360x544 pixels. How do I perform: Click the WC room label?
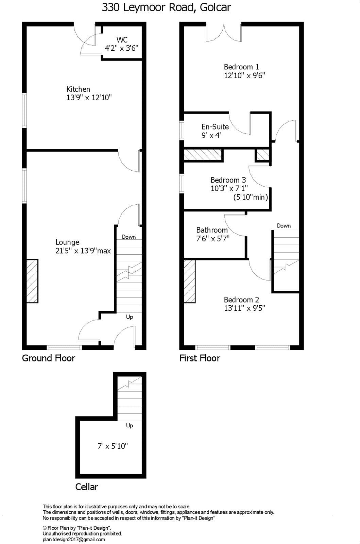coord(122,40)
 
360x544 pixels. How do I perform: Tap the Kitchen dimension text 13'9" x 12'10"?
coord(89,98)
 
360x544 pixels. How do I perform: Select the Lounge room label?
coord(67,242)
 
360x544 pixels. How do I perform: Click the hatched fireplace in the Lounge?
coord(32,281)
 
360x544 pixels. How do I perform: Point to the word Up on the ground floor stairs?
coord(130,317)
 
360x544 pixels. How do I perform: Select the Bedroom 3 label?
coord(228,180)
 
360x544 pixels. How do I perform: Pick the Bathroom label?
coord(212,230)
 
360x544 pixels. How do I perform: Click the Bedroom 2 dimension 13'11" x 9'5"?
coord(244,308)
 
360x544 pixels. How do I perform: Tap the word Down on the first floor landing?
coord(284,226)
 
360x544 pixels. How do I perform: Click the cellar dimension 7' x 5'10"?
coord(113,446)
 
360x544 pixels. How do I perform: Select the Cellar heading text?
coord(87,487)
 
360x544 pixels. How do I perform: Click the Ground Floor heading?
coord(49,358)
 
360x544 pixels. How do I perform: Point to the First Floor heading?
coord(200,358)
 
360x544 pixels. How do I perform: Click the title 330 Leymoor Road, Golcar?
coord(166,7)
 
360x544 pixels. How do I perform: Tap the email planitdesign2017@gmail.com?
coord(74,539)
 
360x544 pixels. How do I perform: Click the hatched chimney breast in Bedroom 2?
coord(190,281)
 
